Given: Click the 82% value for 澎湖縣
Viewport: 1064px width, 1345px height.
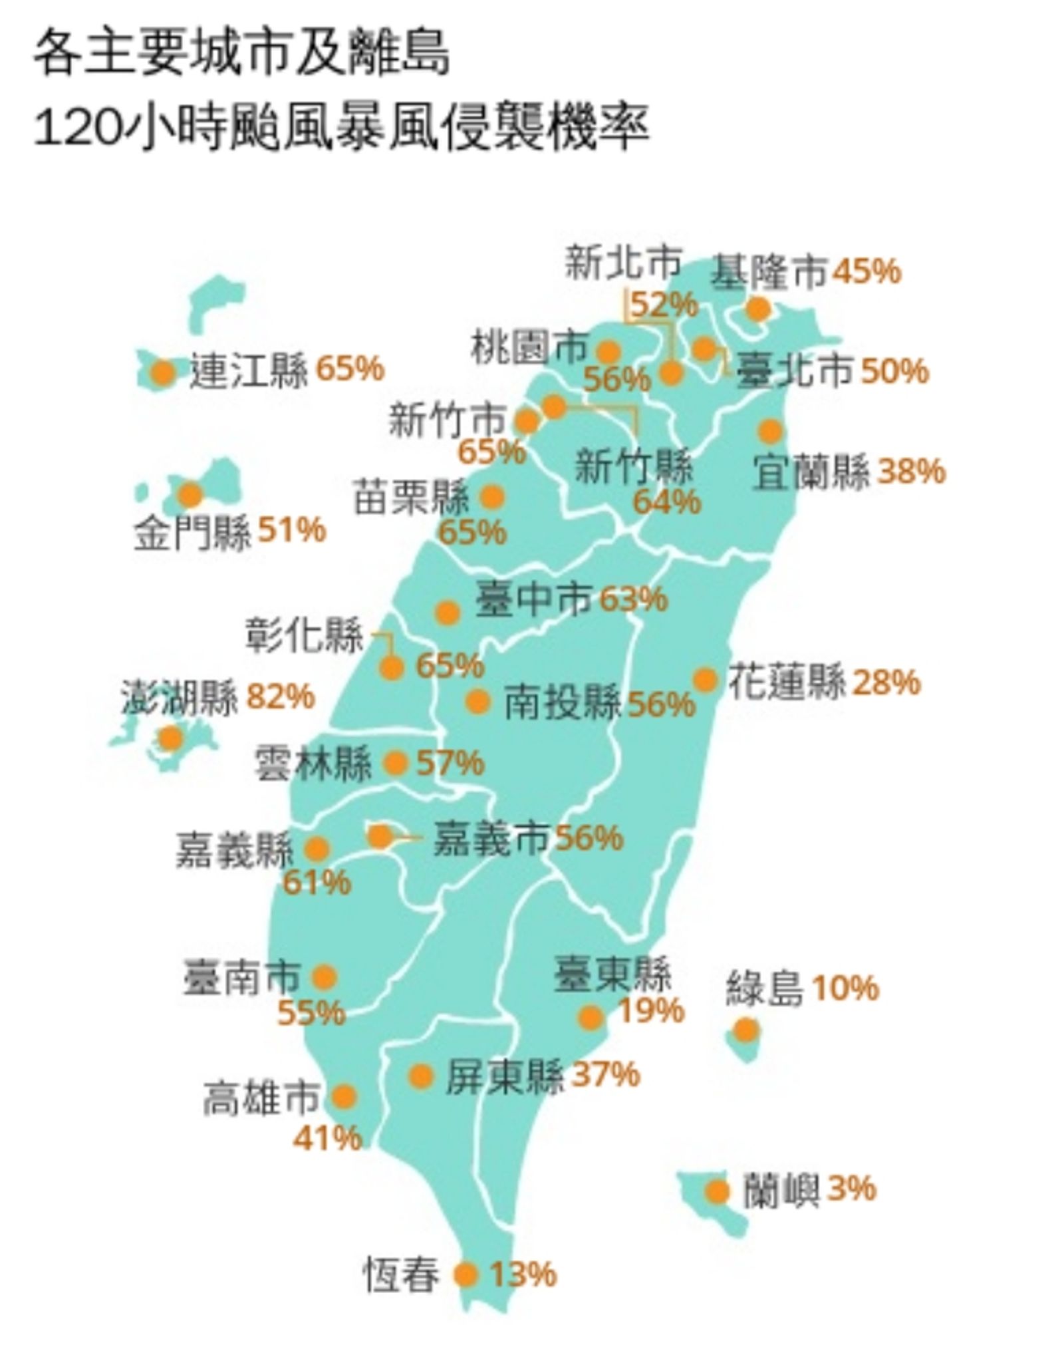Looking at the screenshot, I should (x=280, y=697).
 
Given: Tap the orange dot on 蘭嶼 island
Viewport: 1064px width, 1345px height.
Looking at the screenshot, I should (x=718, y=1191).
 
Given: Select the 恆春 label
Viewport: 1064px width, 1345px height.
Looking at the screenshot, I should (x=401, y=1274).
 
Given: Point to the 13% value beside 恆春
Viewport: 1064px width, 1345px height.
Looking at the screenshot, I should (x=523, y=1274).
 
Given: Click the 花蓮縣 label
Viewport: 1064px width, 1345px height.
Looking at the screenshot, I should (x=787, y=681).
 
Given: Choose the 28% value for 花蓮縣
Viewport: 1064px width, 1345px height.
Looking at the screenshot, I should (x=886, y=682).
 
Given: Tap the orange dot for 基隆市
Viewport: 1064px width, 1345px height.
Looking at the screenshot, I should (x=758, y=309).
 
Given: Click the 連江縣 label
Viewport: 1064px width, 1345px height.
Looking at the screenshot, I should (x=249, y=371).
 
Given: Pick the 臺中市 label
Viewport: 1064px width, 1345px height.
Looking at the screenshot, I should (x=533, y=599).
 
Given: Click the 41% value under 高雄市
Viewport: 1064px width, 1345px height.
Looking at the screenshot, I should (x=328, y=1137).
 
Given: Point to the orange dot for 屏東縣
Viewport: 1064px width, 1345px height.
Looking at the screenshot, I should (x=421, y=1076).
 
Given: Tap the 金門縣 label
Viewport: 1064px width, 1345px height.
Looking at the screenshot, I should (x=193, y=532).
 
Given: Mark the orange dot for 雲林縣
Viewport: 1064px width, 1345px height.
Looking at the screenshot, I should (x=396, y=763).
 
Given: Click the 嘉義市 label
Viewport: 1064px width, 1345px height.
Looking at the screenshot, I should (x=491, y=838).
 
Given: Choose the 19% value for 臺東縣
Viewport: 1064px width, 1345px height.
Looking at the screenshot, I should (x=651, y=1011).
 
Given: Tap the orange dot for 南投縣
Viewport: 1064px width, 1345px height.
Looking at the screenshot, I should (x=477, y=701).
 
